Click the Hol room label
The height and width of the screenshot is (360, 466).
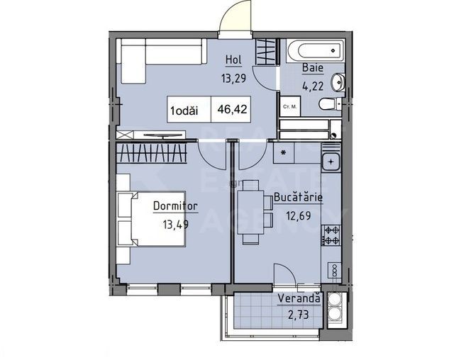coord(233,60)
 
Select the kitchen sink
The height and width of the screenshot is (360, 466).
coord(331,162)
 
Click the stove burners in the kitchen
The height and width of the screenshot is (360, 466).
coord(331,235)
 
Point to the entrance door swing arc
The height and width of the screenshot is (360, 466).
coord(236,16)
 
